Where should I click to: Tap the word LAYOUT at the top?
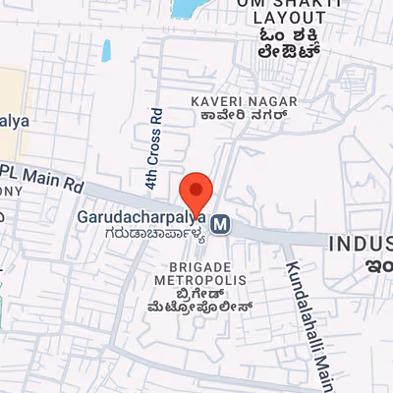click(289, 18)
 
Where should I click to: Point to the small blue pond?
click(105, 52)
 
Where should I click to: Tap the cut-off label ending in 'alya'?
click(15, 122)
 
